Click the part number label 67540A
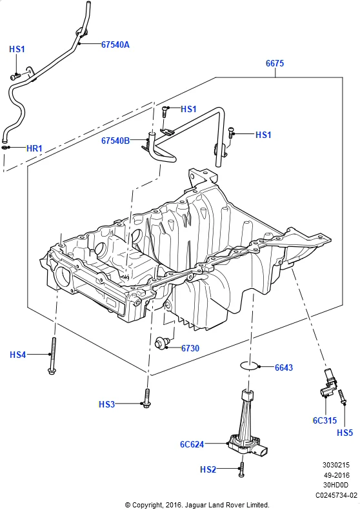(x=115, y=44)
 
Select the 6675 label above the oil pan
(x=275, y=64)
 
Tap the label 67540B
(x=115, y=140)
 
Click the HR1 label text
(x=34, y=148)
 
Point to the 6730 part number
(x=191, y=348)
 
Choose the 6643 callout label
(x=284, y=368)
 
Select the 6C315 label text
(x=325, y=420)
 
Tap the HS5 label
(x=345, y=433)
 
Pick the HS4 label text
(x=18, y=354)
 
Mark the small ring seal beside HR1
(x=6, y=148)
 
